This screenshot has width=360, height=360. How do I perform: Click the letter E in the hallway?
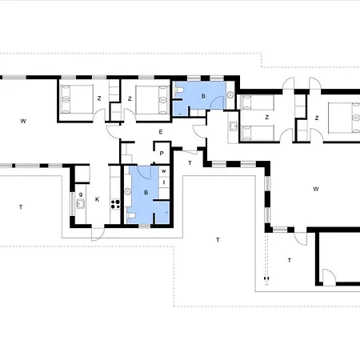point(161,132)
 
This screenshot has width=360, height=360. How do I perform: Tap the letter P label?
point(162,154)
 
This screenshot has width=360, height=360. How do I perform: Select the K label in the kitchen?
point(97,199)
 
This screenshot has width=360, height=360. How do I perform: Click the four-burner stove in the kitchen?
point(115,204)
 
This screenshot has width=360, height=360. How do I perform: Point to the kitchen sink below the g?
point(81,204)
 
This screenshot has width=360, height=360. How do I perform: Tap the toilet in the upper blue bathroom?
point(179,90)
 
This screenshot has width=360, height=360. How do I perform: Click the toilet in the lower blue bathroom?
point(131,215)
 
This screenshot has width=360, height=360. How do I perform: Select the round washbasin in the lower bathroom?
point(128,191)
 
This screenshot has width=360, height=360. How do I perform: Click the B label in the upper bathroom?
point(203,96)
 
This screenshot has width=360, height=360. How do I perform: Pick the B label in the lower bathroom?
point(146,193)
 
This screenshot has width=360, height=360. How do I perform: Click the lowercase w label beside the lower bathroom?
point(164,171)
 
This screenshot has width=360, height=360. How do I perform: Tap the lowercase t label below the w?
point(164,182)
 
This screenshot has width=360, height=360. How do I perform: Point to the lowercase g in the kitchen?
point(81,194)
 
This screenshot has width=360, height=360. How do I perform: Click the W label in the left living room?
point(23,121)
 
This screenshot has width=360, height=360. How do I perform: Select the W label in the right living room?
point(316,189)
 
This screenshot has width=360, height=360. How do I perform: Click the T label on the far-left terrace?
point(21,207)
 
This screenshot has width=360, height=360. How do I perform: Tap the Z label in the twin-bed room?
point(266,118)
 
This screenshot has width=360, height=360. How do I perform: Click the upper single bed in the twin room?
point(258,102)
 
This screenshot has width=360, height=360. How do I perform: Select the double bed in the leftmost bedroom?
point(77,99)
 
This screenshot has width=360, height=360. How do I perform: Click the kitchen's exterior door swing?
point(98,234)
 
